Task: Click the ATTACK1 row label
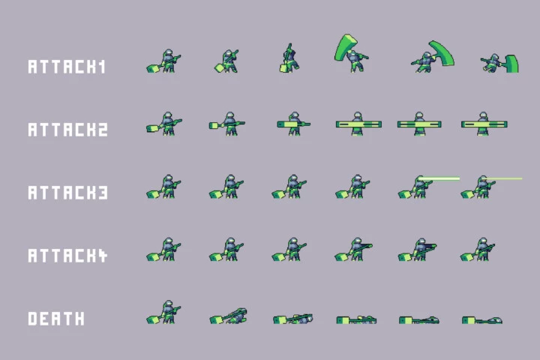[67, 67]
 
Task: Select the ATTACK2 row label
[67, 130]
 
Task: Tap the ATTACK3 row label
[67, 193]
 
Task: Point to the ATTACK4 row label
[67, 256]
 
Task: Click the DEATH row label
[56, 319]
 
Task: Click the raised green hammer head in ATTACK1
[346, 47]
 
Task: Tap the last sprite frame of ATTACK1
[499, 64]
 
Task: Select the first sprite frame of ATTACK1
[163, 61]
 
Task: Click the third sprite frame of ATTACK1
[289, 58]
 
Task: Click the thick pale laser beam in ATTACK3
[439, 178]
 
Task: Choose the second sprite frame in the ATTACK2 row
[227, 124]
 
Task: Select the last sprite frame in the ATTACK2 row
[484, 124]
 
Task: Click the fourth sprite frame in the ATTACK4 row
[354, 250]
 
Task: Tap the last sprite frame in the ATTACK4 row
[478, 250]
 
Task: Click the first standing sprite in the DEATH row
[163, 312]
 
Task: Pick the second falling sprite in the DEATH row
[228, 316]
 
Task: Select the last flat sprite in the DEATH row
[482, 320]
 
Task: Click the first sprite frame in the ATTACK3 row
[163, 186]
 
